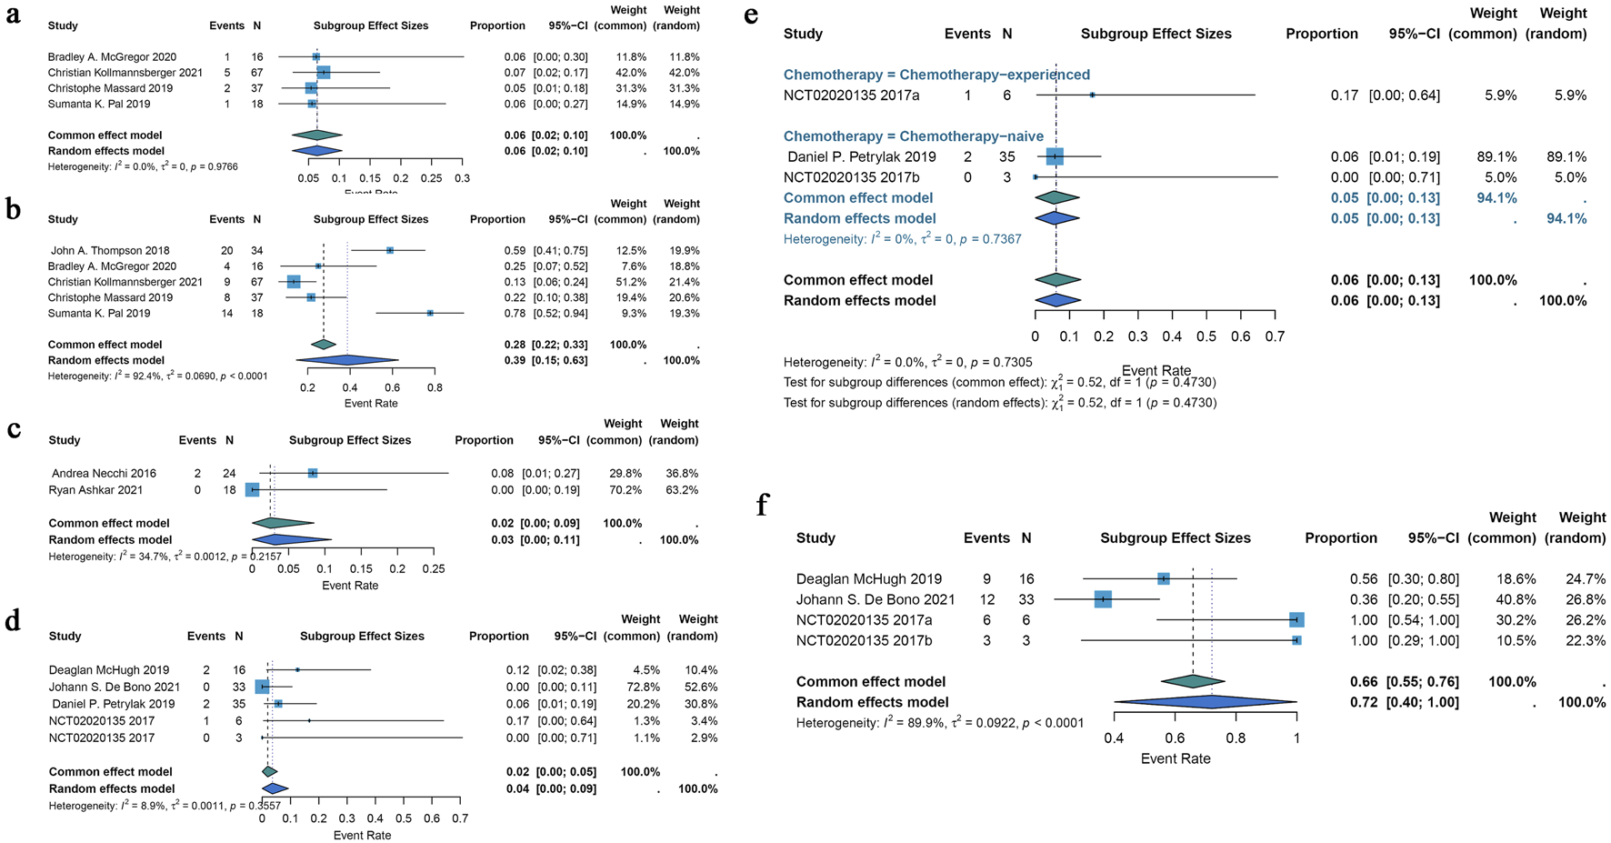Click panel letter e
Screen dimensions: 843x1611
751,15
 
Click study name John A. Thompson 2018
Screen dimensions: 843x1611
110,250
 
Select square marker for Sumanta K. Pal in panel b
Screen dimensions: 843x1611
430,313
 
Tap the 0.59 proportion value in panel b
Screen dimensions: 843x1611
515,250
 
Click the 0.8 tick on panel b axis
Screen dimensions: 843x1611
435,387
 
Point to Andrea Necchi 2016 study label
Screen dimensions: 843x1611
104,473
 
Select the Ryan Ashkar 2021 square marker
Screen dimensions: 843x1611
253,490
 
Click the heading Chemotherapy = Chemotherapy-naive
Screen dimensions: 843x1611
913,136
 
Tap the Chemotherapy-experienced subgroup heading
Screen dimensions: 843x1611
936,75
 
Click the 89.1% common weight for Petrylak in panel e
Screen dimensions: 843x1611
1496,156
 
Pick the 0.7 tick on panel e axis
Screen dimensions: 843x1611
1275,336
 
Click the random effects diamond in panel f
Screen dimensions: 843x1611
1205,702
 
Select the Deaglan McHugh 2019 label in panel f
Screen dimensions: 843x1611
868,578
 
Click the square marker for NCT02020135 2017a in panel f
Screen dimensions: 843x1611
1296,620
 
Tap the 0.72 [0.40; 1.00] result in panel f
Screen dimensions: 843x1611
1404,702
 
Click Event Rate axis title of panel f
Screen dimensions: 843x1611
1176,758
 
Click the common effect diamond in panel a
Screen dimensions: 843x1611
316,135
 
